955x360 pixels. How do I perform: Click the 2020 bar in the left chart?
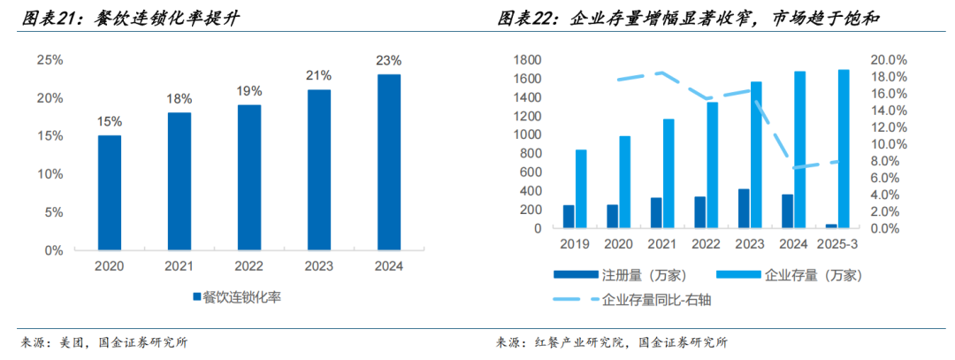coord(110,193)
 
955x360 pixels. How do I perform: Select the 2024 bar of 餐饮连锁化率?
coord(388,162)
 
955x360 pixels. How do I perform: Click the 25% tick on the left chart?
coord(50,60)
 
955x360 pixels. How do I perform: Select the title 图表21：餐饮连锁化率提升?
coord(129,18)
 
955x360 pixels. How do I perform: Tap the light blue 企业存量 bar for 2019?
coord(581,188)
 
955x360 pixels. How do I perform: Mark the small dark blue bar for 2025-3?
coord(831,226)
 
